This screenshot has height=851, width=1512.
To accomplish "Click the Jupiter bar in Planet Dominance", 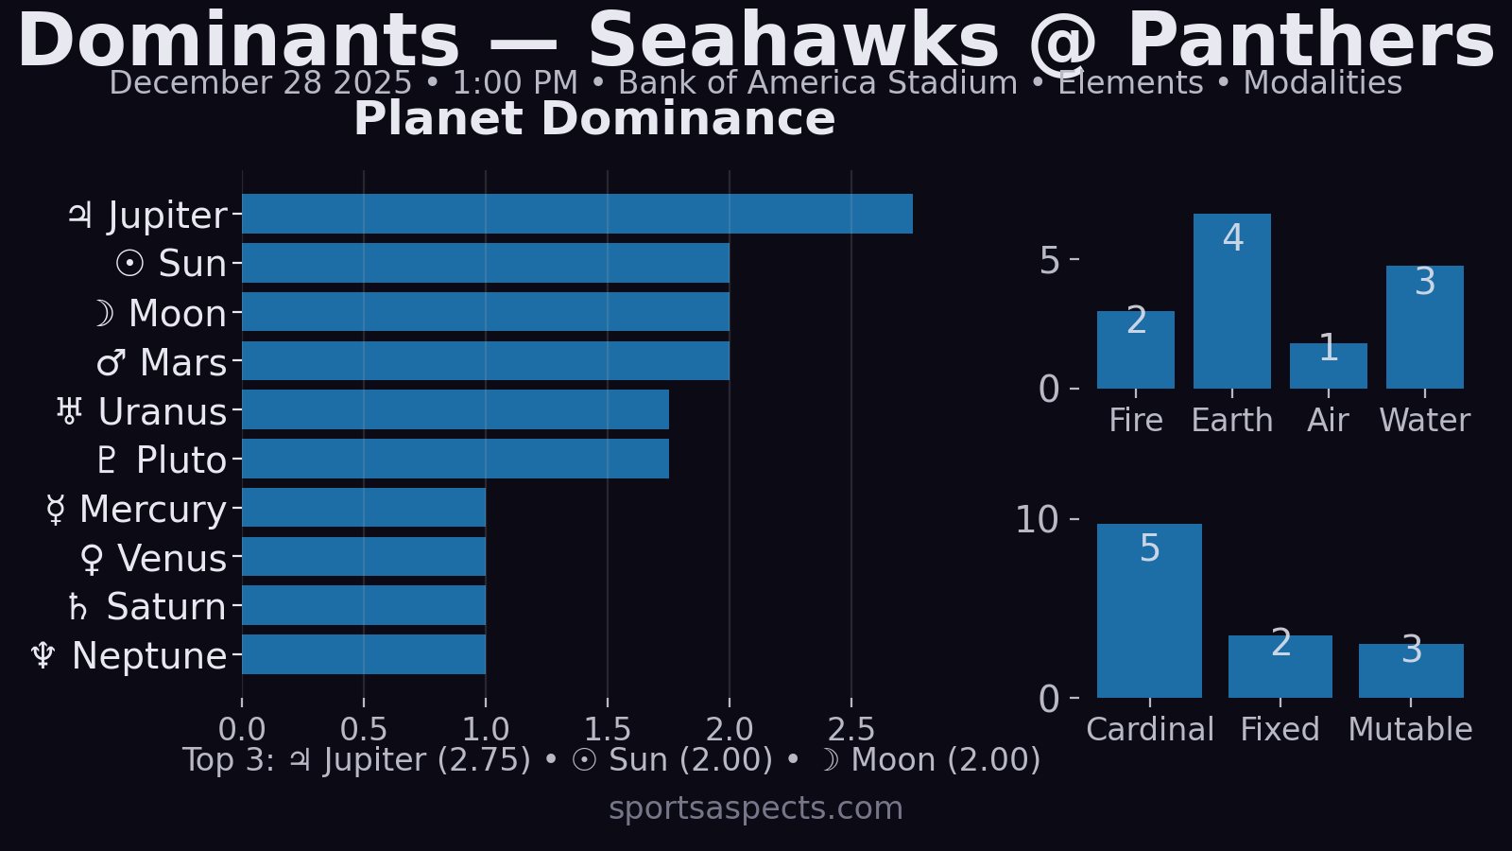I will tap(576, 214).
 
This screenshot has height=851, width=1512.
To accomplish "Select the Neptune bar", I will tap(364, 654).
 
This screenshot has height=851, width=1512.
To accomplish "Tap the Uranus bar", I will tap(455, 409).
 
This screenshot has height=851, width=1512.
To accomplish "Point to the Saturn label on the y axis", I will tap(148, 607).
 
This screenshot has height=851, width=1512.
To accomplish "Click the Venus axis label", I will tap(154, 559).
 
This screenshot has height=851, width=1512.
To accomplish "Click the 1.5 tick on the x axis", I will tap(608, 729).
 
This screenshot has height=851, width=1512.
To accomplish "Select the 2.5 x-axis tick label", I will tap(851, 729).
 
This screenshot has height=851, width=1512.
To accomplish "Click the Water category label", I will tap(1424, 420).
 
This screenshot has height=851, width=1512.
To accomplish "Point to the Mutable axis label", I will tap(1410, 729).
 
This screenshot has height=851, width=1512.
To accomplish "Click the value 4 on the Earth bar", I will tap(1232, 237).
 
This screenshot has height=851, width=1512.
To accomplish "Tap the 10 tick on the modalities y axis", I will tap(1037, 519).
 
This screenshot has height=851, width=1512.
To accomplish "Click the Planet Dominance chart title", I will tap(594, 119).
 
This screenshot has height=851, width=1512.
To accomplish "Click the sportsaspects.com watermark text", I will tap(756, 808).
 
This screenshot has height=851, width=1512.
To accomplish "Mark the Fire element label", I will tap(1135, 420).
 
